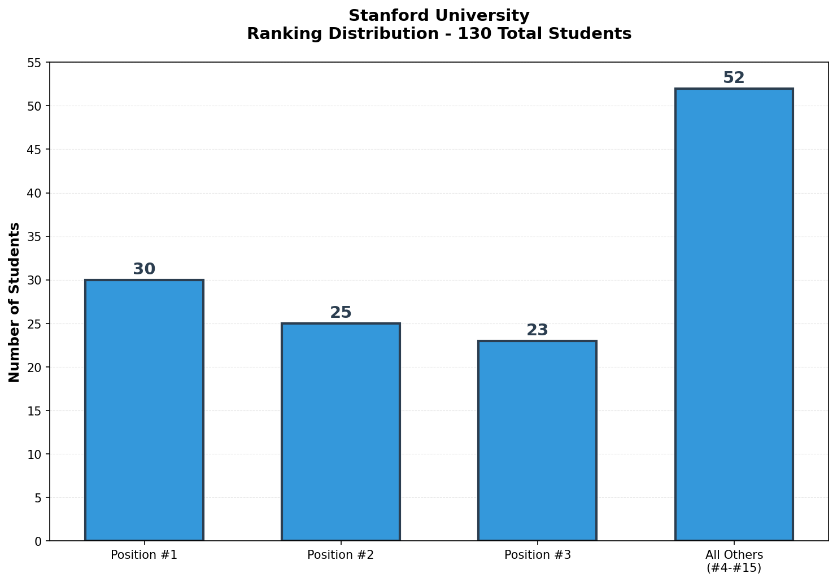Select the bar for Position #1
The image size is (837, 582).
pyautogui.click(x=144, y=410)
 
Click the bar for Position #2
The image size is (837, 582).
pyautogui.click(x=341, y=432)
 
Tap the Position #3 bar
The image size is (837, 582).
pyautogui.click(x=537, y=441)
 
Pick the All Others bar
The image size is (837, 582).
pyautogui.click(x=734, y=314)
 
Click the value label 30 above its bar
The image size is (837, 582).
pyautogui.click(x=144, y=269)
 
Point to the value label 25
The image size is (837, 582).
pyautogui.click(x=341, y=313)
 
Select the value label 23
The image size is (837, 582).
pyautogui.click(x=537, y=330)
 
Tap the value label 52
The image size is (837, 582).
pyautogui.click(x=734, y=78)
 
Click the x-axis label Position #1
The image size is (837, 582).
pyautogui.click(x=144, y=555)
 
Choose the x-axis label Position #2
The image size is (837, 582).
pyautogui.click(x=341, y=555)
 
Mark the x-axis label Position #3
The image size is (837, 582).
pyautogui.click(x=537, y=555)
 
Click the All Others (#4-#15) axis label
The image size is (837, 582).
pyautogui.click(x=734, y=561)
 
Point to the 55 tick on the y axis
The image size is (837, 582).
pyautogui.click(x=34, y=63)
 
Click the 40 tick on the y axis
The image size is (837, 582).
pyautogui.click(x=34, y=193)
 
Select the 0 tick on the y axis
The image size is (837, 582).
pyautogui.click(x=38, y=541)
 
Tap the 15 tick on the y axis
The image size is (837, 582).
pyautogui.click(x=34, y=411)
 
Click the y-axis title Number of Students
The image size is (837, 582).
pyautogui.click(x=15, y=302)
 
